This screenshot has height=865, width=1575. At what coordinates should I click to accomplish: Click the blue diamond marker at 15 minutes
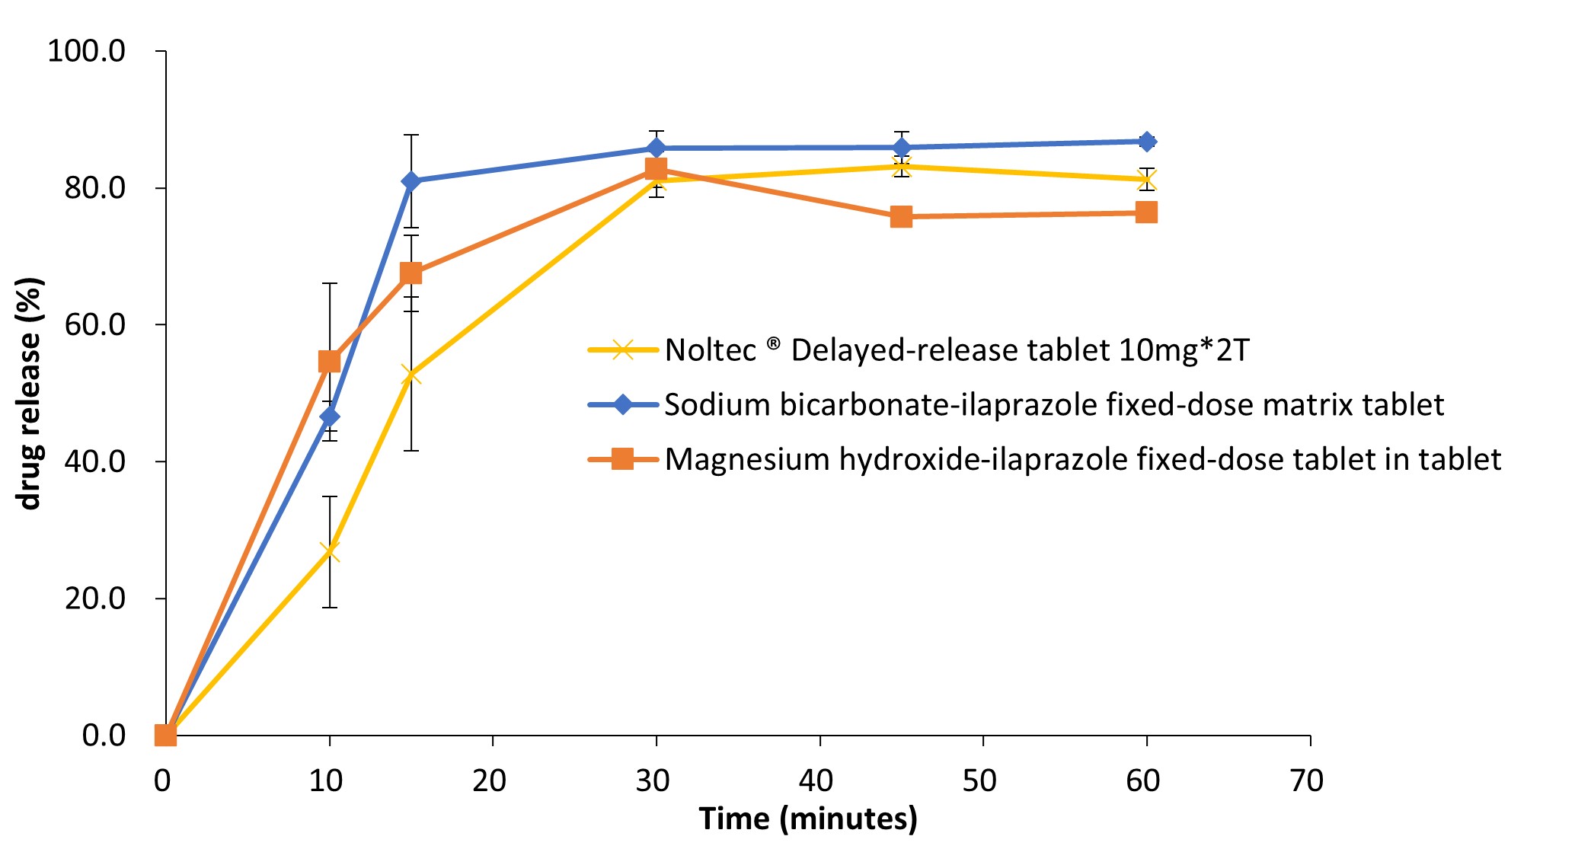tap(411, 181)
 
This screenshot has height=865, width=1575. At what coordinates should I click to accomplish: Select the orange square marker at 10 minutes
tap(329, 361)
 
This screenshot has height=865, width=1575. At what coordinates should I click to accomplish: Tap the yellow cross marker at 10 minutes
tap(329, 551)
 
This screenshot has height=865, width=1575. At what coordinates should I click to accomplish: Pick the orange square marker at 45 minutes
tap(901, 217)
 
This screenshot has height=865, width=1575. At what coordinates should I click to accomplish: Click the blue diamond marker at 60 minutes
tap(1146, 142)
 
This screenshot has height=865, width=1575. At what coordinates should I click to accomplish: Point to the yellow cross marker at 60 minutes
tap(1146, 180)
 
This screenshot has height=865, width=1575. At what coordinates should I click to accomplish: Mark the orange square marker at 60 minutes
tap(1146, 212)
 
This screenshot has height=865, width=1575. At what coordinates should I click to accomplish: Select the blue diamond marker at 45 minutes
tap(901, 148)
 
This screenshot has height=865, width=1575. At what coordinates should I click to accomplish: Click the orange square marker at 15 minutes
tap(411, 273)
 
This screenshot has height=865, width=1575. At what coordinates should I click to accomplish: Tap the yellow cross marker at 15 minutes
tap(411, 375)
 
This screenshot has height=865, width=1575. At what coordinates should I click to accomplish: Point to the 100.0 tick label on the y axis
tap(86, 52)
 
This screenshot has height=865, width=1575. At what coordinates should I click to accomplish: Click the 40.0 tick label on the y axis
tap(94, 461)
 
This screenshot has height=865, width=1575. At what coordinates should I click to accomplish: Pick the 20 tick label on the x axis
tap(490, 781)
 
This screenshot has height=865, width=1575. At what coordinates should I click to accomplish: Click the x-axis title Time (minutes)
tap(808, 819)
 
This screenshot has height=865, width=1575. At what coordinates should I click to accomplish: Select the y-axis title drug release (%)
tap(30, 393)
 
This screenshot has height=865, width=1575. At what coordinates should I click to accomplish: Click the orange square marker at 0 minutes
tap(165, 736)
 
